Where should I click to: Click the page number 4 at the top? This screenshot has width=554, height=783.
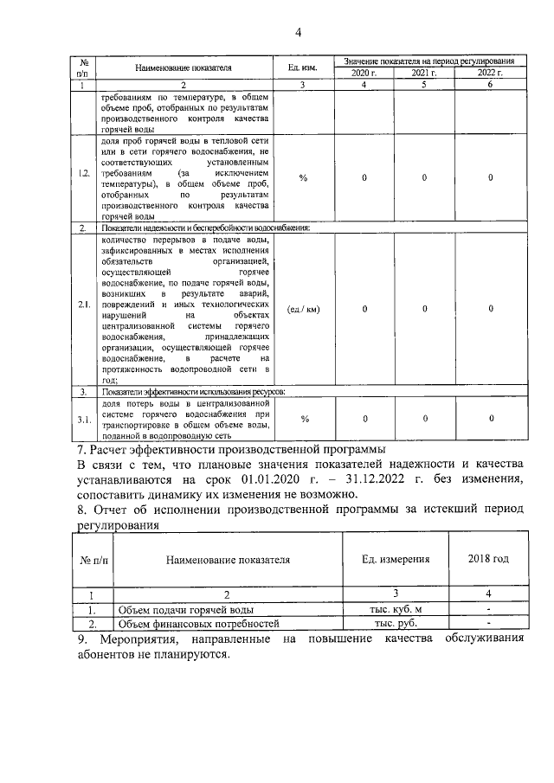coord(297,34)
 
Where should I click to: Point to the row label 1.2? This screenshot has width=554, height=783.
coord(84,177)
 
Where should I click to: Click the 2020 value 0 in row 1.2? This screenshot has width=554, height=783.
coord(364,177)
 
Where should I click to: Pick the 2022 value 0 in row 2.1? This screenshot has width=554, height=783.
coord(490,309)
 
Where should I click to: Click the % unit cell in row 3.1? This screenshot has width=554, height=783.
coord(303,419)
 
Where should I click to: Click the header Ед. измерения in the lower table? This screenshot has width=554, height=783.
coord(395,559)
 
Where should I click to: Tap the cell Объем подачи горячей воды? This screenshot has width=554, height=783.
coord(186,609)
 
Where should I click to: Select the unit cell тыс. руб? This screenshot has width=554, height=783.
coord(395,623)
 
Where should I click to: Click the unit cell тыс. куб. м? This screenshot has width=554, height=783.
coord(395,609)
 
